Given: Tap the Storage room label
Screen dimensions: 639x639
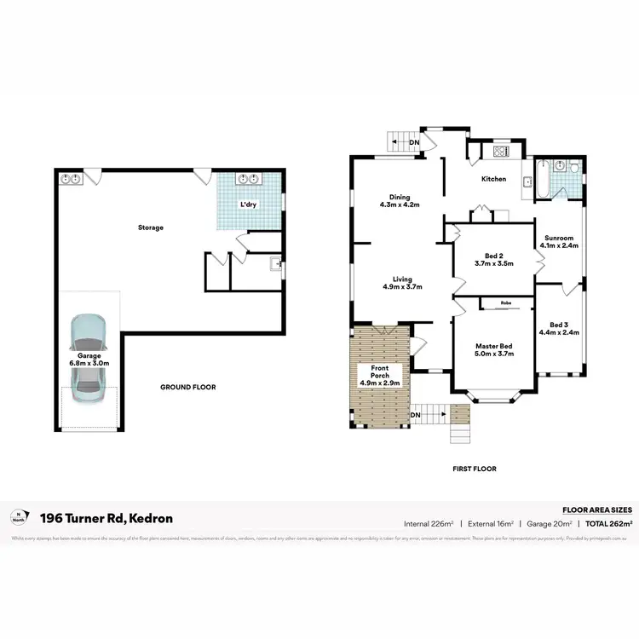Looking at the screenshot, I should click(151, 227).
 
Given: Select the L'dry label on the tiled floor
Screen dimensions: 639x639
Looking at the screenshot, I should click(248, 204).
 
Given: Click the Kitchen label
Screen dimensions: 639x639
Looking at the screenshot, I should click(494, 179).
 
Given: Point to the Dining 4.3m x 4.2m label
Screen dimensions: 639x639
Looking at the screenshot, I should click(400, 201).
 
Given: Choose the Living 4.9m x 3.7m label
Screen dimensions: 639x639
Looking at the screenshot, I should click(403, 283).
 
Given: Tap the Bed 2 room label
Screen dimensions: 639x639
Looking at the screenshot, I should click(494, 260).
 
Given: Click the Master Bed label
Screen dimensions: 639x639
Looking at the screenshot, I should click(494, 349).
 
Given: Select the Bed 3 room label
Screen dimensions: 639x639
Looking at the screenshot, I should click(559, 328).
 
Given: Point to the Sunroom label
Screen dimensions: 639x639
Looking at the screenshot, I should click(559, 242).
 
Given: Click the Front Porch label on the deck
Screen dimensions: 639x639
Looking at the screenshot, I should click(378, 375).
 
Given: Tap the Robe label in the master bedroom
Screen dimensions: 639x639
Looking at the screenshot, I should click(505, 303).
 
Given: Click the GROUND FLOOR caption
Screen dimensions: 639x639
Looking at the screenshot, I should click(188, 387).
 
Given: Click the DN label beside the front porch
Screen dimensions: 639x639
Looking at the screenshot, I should click(416, 415).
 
